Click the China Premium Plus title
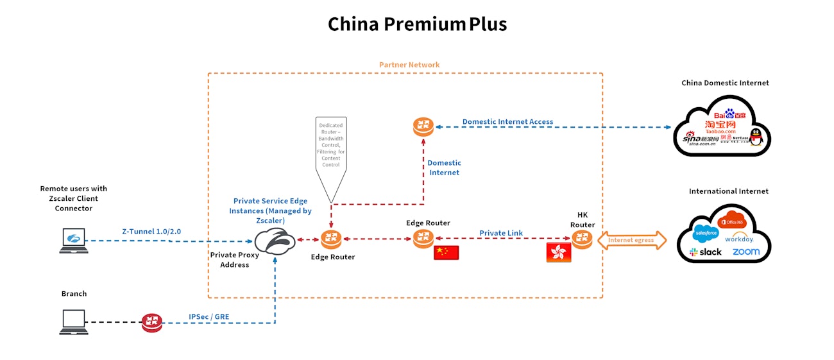(417, 24)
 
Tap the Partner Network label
(409, 65)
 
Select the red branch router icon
(152, 322)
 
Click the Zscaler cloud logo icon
(275, 241)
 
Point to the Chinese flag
(446, 252)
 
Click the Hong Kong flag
(558, 252)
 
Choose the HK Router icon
(583, 241)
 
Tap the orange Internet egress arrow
(631, 241)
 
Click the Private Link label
(501, 233)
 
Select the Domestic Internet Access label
(507, 122)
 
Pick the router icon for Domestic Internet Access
(423, 127)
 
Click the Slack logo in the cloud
(705, 252)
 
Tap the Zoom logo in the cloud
(745, 252)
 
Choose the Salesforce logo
(706, 232)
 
